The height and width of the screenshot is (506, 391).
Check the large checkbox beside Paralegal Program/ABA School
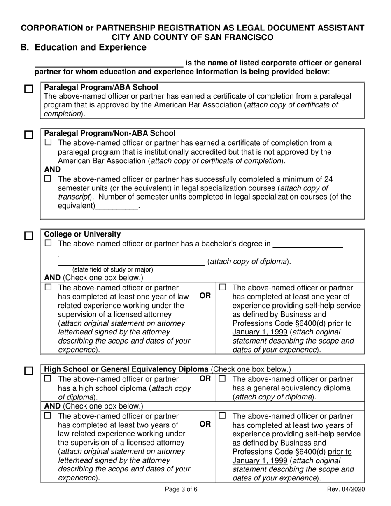point(28,89)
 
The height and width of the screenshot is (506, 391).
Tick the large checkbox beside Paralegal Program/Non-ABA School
point(28,135)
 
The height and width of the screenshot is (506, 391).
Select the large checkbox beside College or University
point(28,236)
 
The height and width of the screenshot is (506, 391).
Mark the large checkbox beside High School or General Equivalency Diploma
point(28,371)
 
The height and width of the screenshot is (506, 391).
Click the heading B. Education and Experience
point(84,47)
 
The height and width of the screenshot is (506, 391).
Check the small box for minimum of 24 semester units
point(48,179)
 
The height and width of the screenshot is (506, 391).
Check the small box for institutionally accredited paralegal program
point(48,143)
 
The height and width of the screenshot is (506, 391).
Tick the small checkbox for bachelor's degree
point(48,244)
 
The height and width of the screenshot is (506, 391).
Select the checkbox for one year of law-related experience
point(48,288)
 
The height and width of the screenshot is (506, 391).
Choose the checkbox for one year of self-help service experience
point(223,288)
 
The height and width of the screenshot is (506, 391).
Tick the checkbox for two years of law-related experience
point(48,416)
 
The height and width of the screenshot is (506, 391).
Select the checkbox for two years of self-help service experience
point(223,416)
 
